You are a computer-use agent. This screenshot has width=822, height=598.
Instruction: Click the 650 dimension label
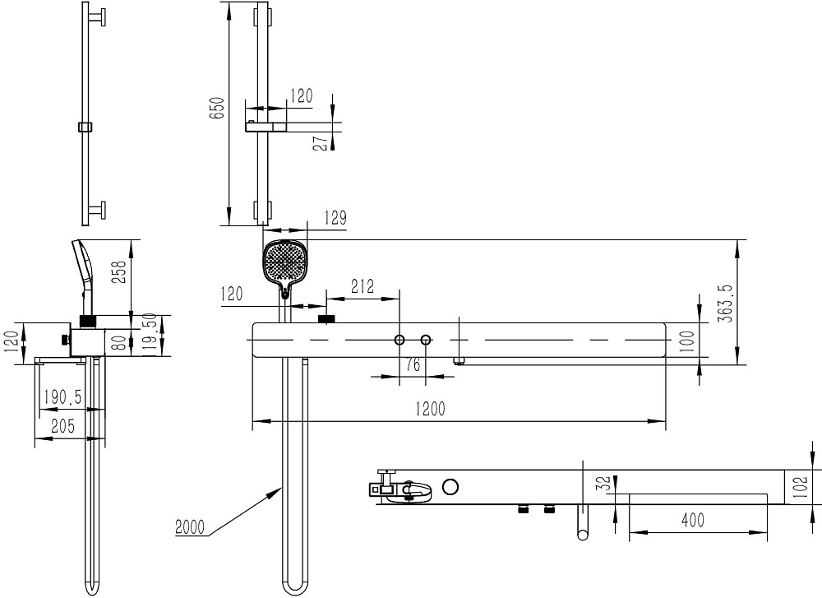click(x=217, y=108)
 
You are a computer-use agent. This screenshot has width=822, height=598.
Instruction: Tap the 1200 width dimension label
click(x=430, y=408)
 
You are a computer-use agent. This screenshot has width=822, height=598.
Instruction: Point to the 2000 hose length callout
click(x=190, y=526)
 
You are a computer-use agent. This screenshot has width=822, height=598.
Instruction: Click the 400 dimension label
click(x=692, y=521)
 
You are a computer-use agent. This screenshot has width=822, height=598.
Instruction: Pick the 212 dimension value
click(x=363, y=286)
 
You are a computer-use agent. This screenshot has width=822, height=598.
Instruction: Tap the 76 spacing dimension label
click(x=413, y=364)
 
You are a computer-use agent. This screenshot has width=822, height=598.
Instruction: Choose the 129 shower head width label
click(x=335, y=218)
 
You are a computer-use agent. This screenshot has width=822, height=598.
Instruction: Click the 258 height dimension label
click(x=121, y=272)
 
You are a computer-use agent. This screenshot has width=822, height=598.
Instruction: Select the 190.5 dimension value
click(x=62, y=396)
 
